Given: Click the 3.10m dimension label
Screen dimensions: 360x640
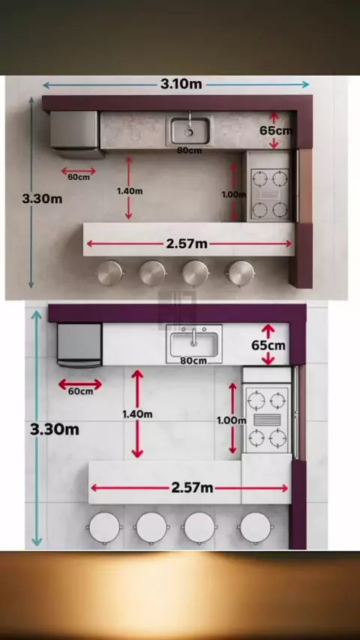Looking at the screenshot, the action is pyautogui.click(x=181, y=84).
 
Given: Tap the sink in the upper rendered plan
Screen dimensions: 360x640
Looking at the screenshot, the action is pyautogui.click(x=190, y=131).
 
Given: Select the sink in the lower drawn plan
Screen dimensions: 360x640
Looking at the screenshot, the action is pyautogui.click(x=194, y=344).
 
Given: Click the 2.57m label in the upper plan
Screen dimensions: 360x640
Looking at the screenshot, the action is pyautogui.click(x=187, y=244).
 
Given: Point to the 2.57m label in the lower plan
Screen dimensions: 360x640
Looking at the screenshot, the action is pyautogui.click(x=192, y=487).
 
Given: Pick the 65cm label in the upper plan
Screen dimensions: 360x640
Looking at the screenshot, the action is pyautogui.click(x=276, y=131).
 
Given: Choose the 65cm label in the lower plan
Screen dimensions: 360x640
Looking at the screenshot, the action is pyautogui.click(x=268, y=345).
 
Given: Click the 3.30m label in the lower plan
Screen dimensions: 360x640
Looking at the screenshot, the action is pyautogui.click(x=54, y=429).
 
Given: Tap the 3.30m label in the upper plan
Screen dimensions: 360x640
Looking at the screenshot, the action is pyautogui.click(x=42, y=199).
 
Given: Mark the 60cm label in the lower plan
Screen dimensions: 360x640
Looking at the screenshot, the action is pyautogui.click(x=80, y=391).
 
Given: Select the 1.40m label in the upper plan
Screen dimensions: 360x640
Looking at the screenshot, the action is pyautogui.click(x=130, y=191).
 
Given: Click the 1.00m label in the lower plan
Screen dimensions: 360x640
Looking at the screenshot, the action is pyautogui.click(x=231, y=420).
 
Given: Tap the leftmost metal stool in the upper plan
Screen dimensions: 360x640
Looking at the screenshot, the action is pyautogui.click(x=110, y=273).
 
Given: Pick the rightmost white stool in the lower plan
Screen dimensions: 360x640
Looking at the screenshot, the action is pyautogui.click(x=256, y=528).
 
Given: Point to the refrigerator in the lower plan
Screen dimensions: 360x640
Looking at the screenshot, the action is pyautogui.click(x=79, y=345).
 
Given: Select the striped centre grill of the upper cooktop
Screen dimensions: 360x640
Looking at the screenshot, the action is pyautogui.click(x=270, y=194).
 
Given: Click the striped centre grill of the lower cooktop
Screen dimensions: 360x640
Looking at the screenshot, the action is pyautogui.click(x=267, y=420).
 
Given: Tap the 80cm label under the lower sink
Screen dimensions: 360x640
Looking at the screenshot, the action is pyautogui.click(x=193, y=360).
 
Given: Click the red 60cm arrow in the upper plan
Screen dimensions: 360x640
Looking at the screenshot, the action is pyautogui.click(x=79, y=171).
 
